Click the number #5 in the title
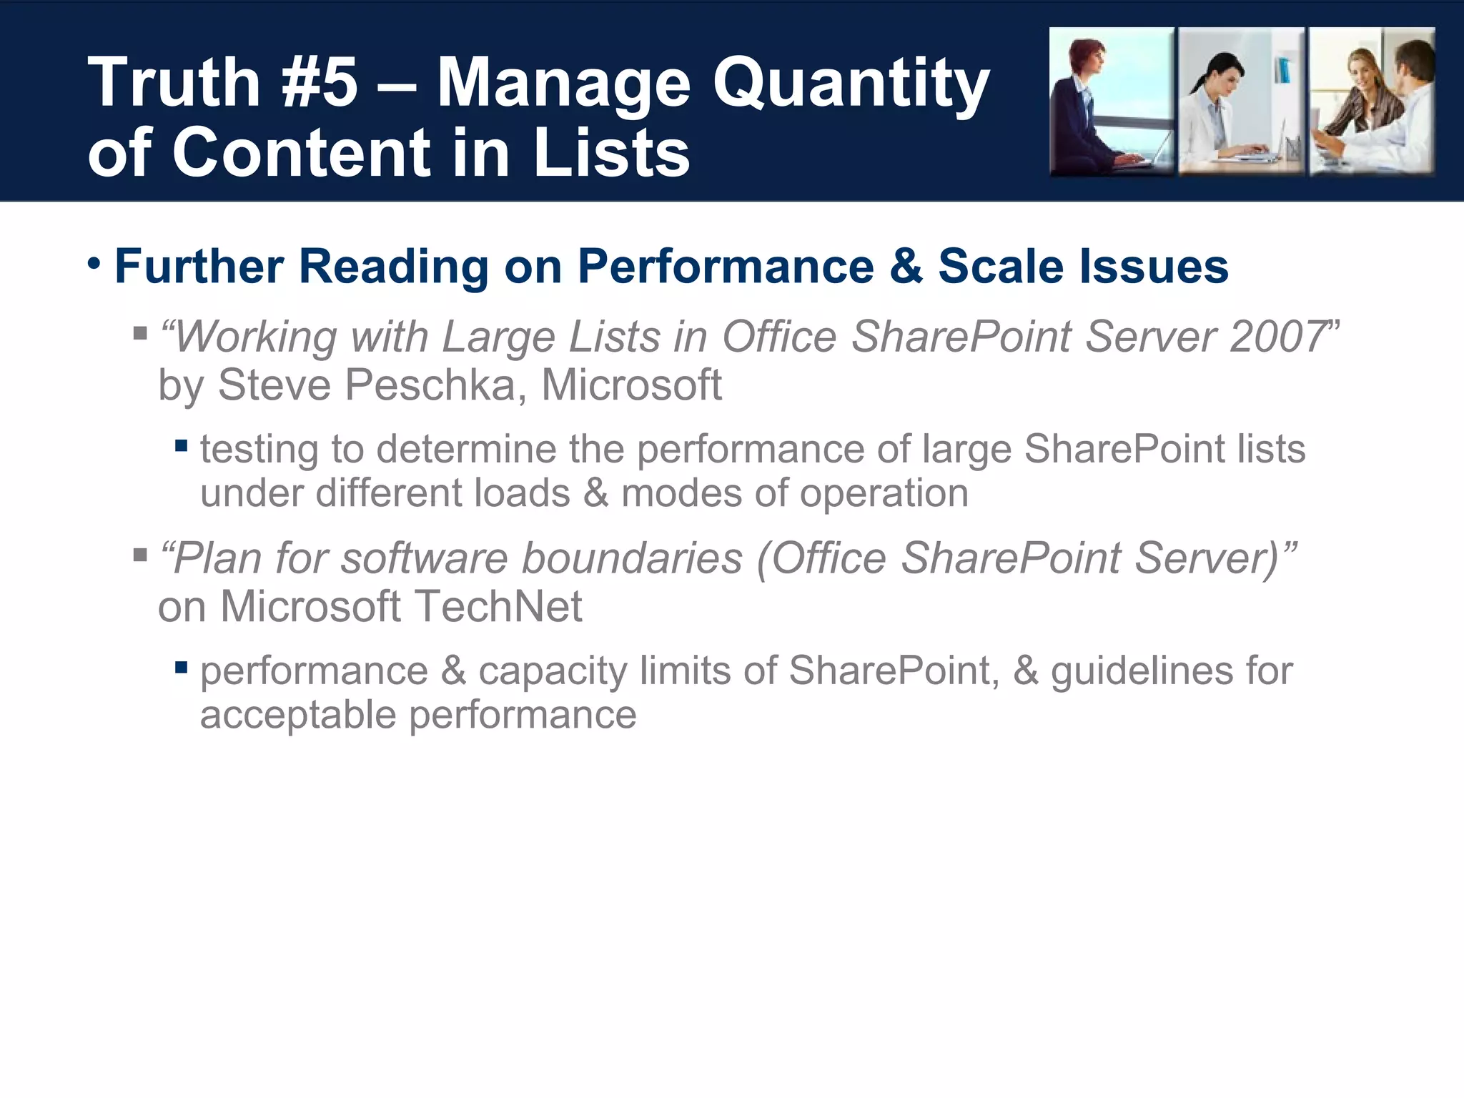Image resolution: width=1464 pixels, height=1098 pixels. tap(320, 84)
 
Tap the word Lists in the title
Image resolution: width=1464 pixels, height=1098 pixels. tap(611, 152)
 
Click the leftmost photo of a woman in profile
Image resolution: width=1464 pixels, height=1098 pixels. tap(1111, 102)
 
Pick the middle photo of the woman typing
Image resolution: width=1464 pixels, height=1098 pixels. tap(1241, 102)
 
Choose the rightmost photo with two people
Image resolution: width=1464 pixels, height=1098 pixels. tap(1371, 102)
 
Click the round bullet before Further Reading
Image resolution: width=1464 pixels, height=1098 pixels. tap(94, 264)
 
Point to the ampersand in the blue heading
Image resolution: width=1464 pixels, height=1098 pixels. tap(906, 267)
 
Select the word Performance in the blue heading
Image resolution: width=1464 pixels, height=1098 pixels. tap(726, 267)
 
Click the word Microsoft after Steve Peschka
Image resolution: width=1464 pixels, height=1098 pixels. tap(631, 385)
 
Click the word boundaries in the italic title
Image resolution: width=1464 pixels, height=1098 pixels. tap(632, 558)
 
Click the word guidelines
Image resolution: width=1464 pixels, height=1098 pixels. tap(1142, 672)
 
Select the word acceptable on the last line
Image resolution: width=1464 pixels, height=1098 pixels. tap(298, 715)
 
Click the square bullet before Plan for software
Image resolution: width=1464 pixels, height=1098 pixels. tap(140, 555)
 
